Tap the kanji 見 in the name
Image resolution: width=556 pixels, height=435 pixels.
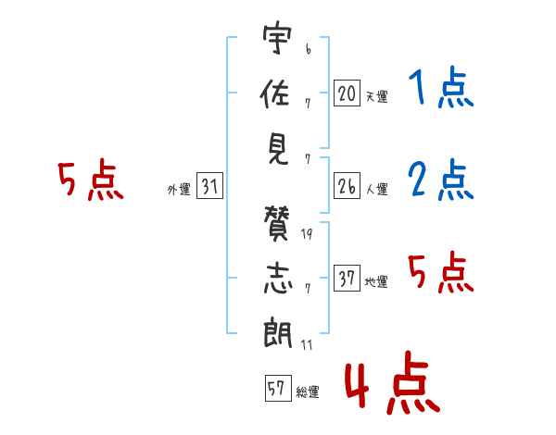coord(277,145)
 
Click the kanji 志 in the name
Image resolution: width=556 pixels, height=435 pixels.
coord(277,275)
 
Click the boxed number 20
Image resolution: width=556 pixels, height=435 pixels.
coord(347,93)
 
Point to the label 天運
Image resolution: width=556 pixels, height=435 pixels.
coord(376,95)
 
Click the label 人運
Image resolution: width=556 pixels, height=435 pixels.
coord(376,190)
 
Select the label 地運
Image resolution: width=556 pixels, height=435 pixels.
coord(376,281)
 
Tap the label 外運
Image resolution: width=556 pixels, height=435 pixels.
coord(178,190)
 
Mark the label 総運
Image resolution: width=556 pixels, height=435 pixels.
coord(308,391)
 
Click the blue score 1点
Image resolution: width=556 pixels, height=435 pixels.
coord(440,91)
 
